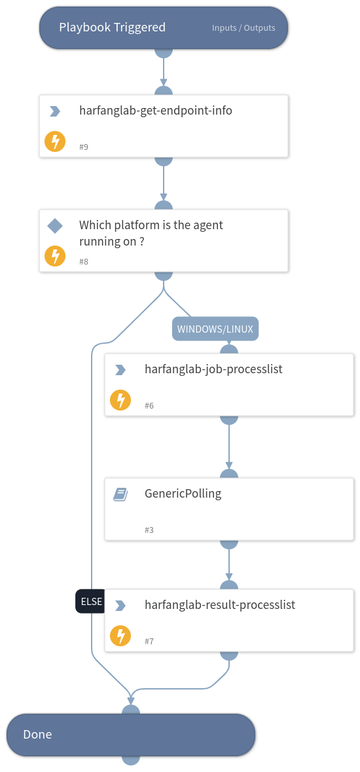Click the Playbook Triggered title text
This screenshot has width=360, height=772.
click(x=112, y=28)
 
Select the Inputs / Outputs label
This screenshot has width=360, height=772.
click(x=243, y=28)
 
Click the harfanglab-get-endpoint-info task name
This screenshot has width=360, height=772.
click(x=155, y=111)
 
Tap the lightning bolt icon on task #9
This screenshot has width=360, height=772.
click(x=55, y=141)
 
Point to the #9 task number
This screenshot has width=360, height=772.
click(x=84, y=147)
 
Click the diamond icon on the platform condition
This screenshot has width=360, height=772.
click(x=55, y=226)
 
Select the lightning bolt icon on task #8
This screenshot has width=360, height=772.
click(x=55, y=255)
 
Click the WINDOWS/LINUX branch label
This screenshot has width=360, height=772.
click(x=215, y=329)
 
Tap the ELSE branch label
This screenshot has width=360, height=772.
click(x=90, y=601)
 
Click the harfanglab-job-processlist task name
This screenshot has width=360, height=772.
click(x=213, y=369)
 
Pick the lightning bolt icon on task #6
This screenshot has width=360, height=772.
click(x=120, y=399)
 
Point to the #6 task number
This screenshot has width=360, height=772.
click(x=149, y=406)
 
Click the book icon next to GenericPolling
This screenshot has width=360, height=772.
click(x=120, y=494)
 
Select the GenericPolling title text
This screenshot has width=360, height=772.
click(x=183, y=494)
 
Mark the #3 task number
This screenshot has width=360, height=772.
click(x=149, y=530)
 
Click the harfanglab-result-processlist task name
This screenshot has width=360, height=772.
click(x=219, y=605)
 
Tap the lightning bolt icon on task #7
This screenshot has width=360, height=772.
click(x=120, y=635)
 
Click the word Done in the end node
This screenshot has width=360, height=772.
click(x=37, y=735)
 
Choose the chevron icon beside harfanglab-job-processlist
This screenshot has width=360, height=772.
click(x=120, y=370)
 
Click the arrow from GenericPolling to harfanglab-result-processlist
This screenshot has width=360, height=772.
click(x=229, y=564)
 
